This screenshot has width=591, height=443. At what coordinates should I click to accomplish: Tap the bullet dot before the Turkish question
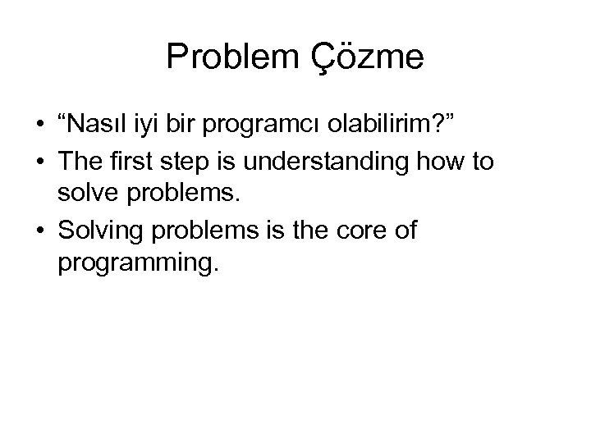coord(39,129)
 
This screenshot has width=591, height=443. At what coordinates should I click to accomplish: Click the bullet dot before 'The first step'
coord(39,162)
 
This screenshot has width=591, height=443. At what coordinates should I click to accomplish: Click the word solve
coord(85,198)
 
